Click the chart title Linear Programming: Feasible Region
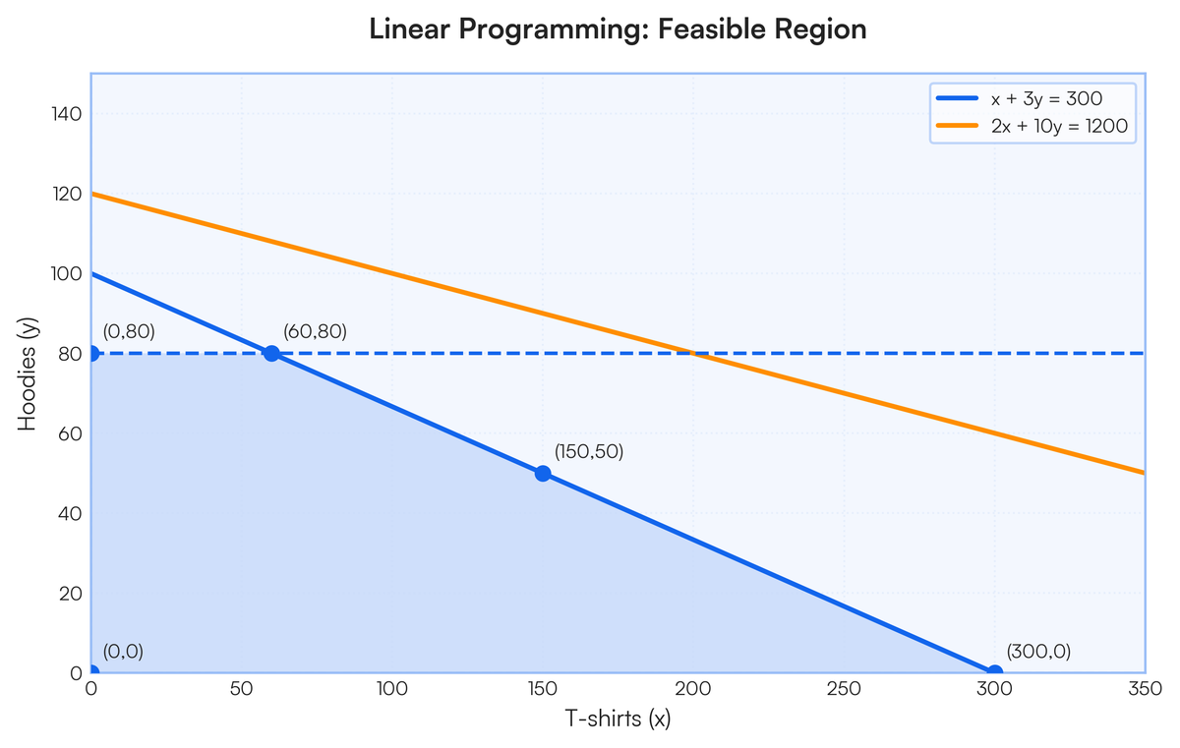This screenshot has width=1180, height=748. [x=618, y=29]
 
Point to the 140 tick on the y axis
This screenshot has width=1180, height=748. [x=67, y=114]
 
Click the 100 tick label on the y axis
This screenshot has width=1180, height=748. [x=67, y=273]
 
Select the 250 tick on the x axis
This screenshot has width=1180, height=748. [x=844, y=688]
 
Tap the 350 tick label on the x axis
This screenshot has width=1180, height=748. [x=1145, y=688]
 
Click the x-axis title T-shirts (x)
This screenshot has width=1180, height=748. [x=618, y=719]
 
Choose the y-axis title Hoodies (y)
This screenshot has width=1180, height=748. [x=27, y=374]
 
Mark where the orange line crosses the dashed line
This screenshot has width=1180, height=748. [x=692, y=353]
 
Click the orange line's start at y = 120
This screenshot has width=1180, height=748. [x=91, y=194]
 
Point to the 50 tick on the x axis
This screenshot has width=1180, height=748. [x=241, y=688]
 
